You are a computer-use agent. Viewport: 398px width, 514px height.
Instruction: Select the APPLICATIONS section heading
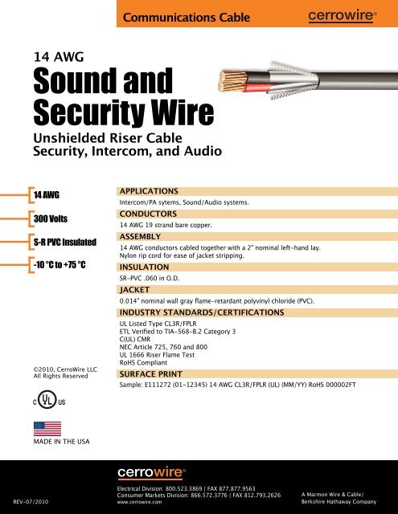point(148,190)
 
